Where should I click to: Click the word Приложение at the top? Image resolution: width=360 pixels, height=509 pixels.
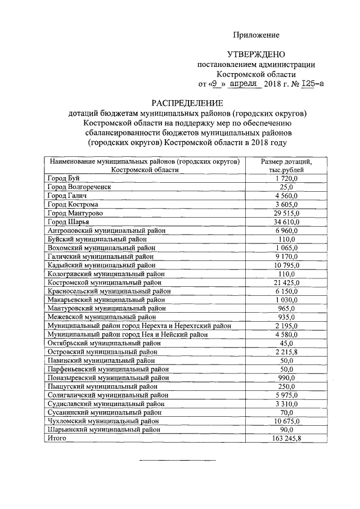(256, 35)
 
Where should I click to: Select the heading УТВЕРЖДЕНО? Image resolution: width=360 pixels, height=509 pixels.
(255, 55)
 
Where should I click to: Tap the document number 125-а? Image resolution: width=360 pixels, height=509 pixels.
(312, 84)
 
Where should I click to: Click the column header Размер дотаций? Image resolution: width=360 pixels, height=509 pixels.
(286, 162)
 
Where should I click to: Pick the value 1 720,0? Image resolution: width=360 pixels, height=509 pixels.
(286, 178)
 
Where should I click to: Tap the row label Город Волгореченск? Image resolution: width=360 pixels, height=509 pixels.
(79, 187)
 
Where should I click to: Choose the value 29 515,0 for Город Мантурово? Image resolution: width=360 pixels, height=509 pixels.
(286, 213)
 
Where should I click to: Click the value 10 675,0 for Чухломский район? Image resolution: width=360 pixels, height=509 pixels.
(286, 421)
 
